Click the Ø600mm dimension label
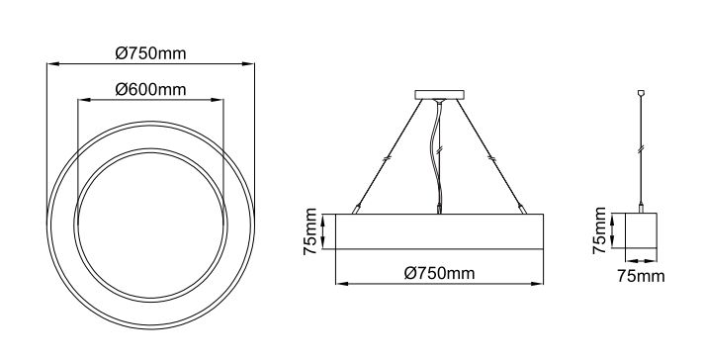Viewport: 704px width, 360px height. pos(150,89)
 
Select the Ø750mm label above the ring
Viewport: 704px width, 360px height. pos(150,53)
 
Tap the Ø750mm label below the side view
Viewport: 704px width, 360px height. pos(439,273)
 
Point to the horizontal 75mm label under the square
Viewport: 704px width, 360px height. pos(641,276)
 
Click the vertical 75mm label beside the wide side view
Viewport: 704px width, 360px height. pos(310,231)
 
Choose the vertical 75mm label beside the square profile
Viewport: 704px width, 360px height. pos(599,230)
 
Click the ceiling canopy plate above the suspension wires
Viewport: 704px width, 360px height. pos(439,95)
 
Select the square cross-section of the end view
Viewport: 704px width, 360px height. pos(641,230)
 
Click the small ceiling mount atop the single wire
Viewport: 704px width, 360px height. pos(641,93)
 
